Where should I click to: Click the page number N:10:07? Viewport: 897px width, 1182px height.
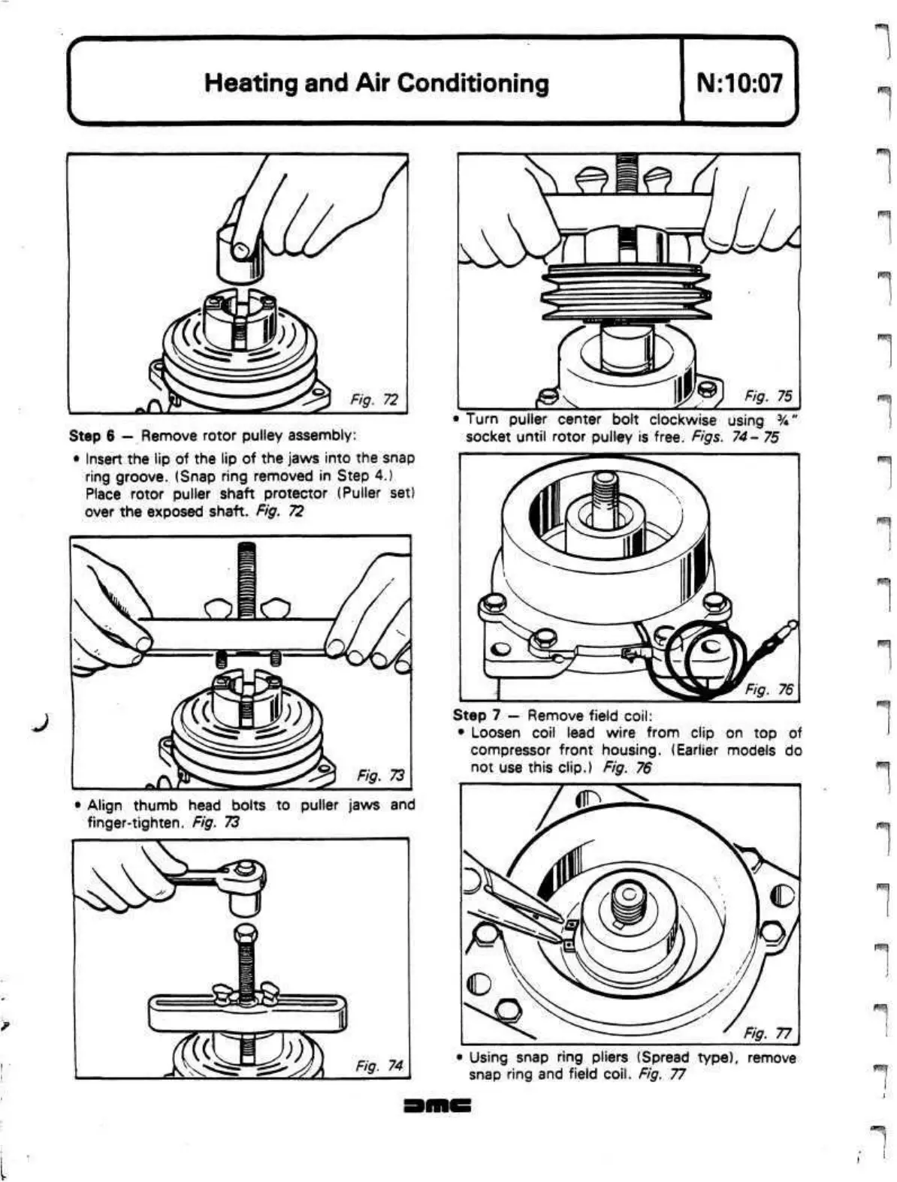point(739,82)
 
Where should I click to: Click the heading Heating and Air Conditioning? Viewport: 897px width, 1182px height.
point(376,82)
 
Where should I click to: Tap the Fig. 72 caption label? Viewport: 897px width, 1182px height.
point(374,400)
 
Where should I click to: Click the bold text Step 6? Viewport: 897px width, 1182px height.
point(91,436)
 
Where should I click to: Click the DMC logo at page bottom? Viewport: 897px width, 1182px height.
point(436,1106)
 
